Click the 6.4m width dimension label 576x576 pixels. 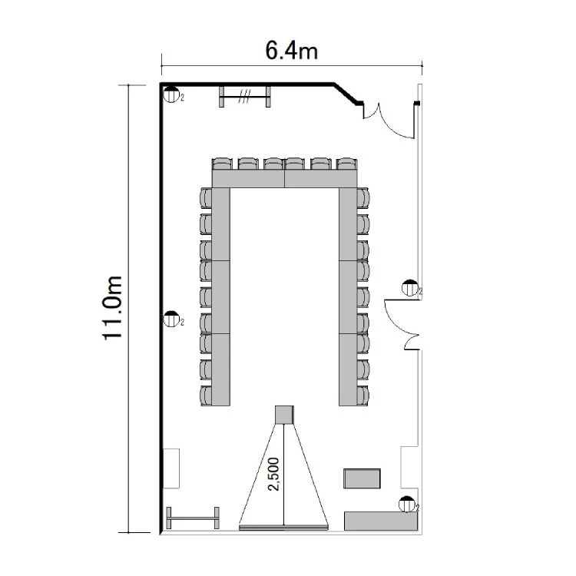point(291,51)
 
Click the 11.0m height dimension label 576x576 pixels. point(112,308)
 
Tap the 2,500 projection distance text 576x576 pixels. point(273,474)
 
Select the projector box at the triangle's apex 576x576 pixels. point(284,415)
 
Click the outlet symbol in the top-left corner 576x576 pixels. point(171,94)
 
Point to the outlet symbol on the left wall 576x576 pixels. point(171,319)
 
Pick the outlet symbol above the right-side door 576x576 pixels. point(410,288)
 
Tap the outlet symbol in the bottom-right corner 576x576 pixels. point(407,505)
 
